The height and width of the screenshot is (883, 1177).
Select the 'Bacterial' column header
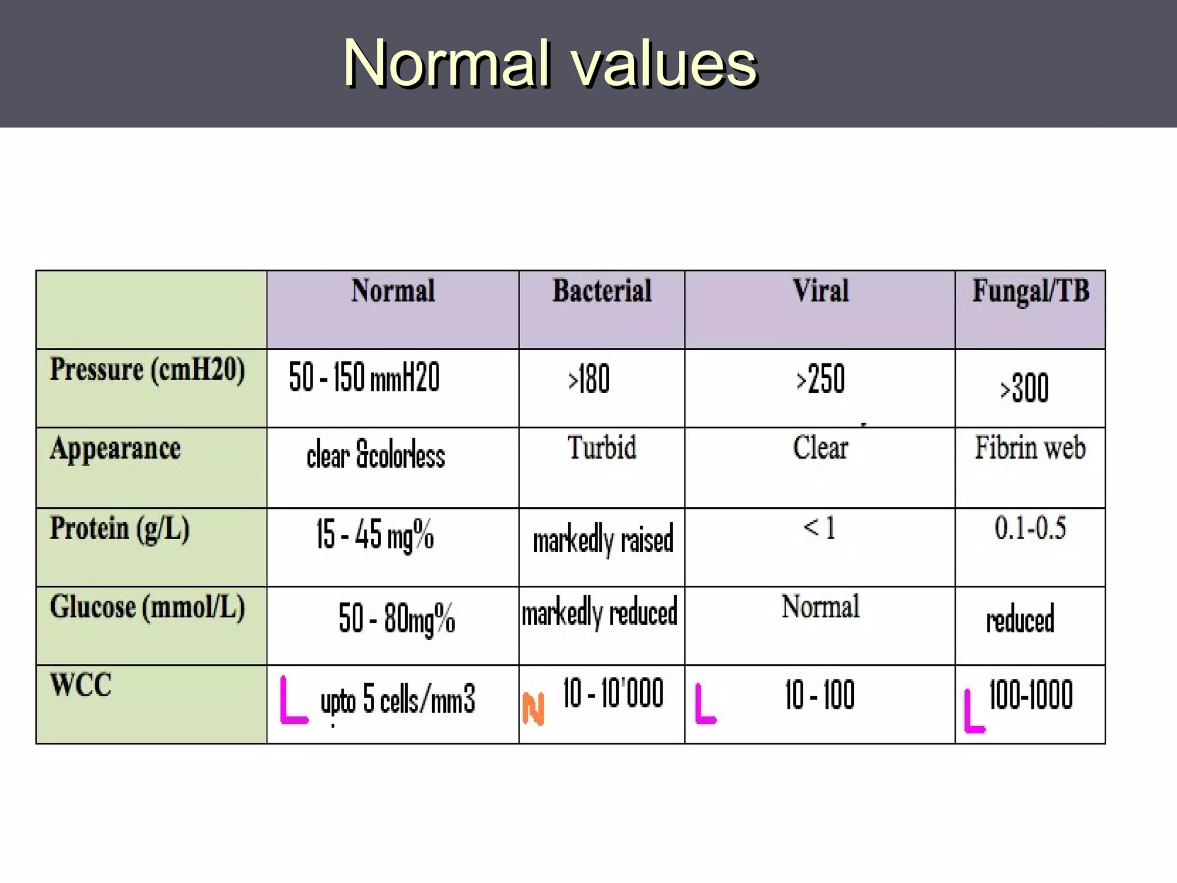[x=602, y=291]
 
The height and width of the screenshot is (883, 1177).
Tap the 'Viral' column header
[x=820, y=291]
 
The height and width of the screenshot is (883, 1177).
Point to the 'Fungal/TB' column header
[x=1030, y=291]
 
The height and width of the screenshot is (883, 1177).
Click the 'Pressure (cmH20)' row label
[x=147, y=370]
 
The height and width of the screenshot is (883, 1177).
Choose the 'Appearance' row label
[x=115, y=449]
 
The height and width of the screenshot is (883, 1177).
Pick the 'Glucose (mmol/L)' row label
[x=147, y=608]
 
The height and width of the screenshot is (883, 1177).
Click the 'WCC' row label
[x=80, y=685]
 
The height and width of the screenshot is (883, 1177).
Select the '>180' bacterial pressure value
[x=588, y=379]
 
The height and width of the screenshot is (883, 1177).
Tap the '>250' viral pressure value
[x=820, y=379]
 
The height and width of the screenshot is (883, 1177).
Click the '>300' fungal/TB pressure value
[x=1024, y=388]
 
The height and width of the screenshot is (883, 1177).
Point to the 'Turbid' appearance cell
[x=602, y=448]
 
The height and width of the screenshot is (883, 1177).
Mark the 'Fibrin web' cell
[x=1030, y=448]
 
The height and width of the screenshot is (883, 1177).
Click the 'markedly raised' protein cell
[x=602, y=540]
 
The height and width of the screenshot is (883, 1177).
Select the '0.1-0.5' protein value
[x=1030, y=528]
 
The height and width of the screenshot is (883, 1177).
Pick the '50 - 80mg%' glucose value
[x=397, y=619]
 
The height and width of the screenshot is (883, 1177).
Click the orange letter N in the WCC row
[x=533, y=709]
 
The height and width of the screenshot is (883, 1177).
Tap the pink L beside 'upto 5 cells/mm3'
[x=293, y=701]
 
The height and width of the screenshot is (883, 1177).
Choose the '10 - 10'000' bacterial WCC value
[x=613, y=693]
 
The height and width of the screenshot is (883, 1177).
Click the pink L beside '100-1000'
[x=974, y=712]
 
